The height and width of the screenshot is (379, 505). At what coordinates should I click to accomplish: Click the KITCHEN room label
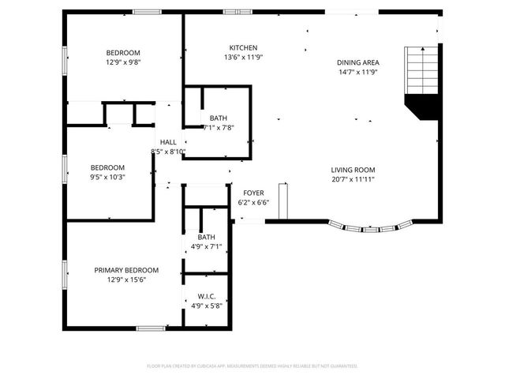[x=243, y=47]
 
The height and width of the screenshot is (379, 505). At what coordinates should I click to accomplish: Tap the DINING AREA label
[x=358, y=62]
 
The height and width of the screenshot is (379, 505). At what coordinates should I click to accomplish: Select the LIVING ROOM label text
[x=352, y=170]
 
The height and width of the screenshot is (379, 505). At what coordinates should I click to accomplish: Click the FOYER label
[x=253, y=193]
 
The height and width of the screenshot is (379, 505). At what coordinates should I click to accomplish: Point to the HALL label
[x=168, y=142]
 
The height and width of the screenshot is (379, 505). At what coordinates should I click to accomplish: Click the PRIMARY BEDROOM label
[x=126, y=269]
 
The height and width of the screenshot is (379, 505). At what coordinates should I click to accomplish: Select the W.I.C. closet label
[x=206, y=297]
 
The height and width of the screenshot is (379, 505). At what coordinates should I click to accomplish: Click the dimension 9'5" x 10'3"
[x=107, y=177]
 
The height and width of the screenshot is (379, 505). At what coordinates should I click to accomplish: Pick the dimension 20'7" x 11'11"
[x=352, y=179]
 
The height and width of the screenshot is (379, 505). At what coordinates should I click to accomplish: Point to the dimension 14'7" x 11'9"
[x=358, y=73]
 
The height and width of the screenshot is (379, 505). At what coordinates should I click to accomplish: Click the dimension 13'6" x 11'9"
[x=243, y=57]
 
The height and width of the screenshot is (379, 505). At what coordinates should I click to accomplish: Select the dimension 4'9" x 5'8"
[x=206, y=306]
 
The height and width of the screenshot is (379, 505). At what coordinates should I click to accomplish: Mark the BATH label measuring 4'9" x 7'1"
[x=206, y=237]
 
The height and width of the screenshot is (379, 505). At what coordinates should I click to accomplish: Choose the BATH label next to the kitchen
[x=219, y=118]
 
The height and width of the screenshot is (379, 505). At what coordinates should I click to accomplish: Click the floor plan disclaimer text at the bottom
[x=252, y=366]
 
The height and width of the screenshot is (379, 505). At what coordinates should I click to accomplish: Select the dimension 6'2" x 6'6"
[x=253, y=202]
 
